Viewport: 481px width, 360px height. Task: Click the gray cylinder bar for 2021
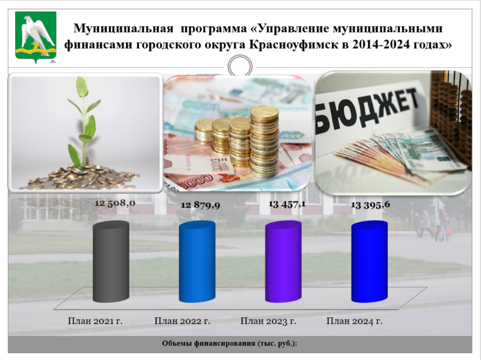[111, 261]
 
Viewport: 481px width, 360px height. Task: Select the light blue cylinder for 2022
[197, 261]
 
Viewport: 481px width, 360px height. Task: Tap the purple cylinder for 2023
[283, 261]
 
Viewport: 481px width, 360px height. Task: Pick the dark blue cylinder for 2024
[369, 261]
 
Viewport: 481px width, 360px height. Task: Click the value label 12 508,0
[115, 203]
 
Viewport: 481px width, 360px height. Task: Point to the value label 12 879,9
[200, 205]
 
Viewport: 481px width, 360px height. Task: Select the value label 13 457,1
[287, 204]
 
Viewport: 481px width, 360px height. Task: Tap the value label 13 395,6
[370, 204]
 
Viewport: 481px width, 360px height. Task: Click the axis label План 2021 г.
[95, 321]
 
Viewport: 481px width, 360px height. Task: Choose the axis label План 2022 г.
[182, 321]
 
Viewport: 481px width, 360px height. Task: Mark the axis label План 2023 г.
[268, 321]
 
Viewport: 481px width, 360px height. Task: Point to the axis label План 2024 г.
[354, 321]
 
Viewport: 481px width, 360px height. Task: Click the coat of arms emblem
[35, 37]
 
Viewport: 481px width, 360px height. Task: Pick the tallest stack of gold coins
[264, 142]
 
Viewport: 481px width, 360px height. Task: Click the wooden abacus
[451, 117]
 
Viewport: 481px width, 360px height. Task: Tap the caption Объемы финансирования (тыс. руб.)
[230, 343]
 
